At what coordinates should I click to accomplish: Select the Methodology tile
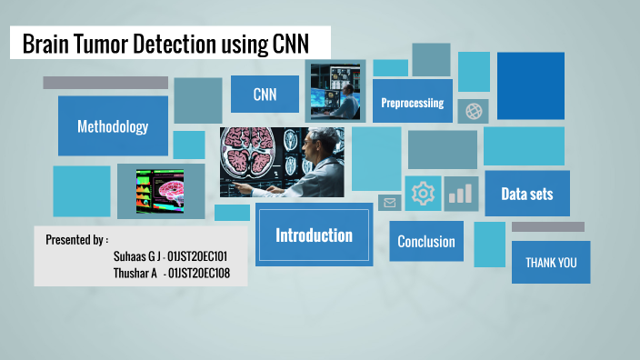pos(113,126)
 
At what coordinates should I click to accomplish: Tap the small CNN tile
pos(264,94)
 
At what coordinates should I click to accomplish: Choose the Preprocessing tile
pos(412,103)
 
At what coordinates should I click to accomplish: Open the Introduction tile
pos(314,235)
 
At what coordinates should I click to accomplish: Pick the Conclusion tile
pos(426,241)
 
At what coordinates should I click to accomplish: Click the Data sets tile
pos(526,194)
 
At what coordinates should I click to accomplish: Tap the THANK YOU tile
pos(551,263)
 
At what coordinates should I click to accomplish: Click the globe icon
pos(473,111)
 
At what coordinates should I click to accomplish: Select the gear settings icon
pos(423,194)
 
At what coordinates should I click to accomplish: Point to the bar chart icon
pos(462,194)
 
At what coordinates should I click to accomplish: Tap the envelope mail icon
pos(390,203)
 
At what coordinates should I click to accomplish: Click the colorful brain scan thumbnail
pos(159,191)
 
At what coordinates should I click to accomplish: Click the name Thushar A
pos(135,272)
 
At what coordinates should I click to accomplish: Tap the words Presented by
pos(76,240)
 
